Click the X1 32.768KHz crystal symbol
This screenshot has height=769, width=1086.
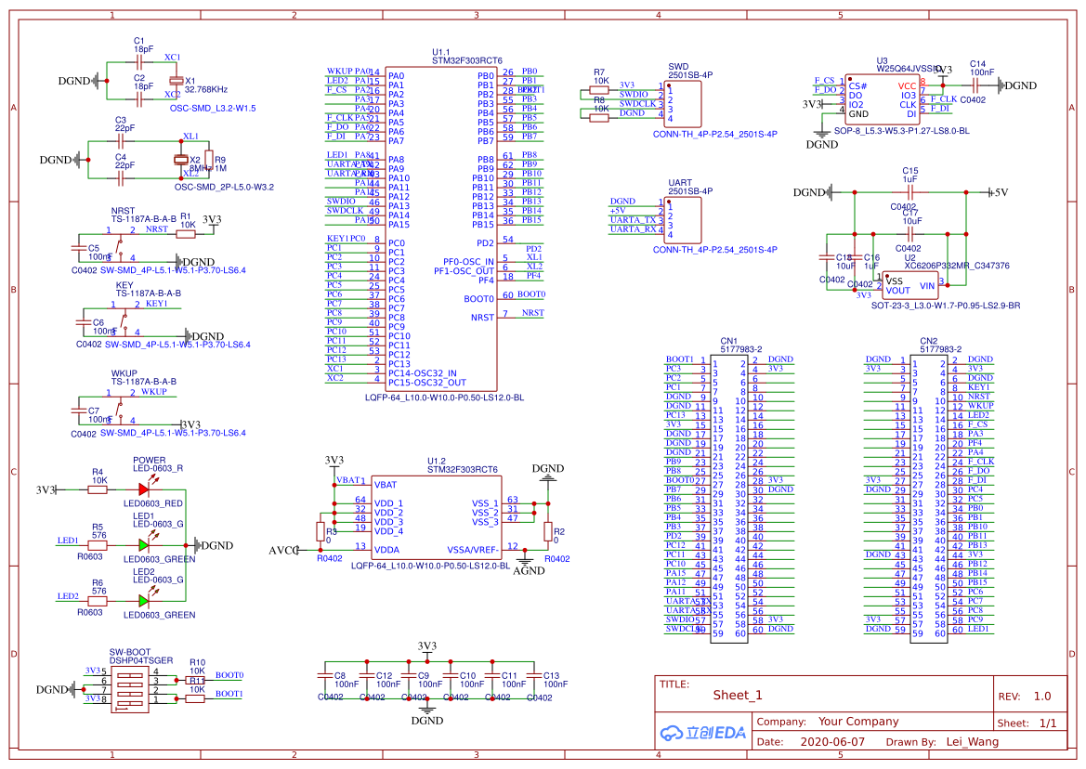tap(174, 80)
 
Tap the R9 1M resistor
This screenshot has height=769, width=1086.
tap(209, 159)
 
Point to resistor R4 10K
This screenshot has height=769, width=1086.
tap(98, 489)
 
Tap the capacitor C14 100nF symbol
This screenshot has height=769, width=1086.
tap(976, 85)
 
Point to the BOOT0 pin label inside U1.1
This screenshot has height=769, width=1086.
tap(479, 299)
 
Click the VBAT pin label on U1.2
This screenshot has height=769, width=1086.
tap(385, 485)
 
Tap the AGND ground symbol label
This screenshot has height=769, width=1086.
tap(529, 570)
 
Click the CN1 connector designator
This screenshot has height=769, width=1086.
tap(728, 341)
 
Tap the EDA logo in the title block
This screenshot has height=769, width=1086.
tap(703, 733)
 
